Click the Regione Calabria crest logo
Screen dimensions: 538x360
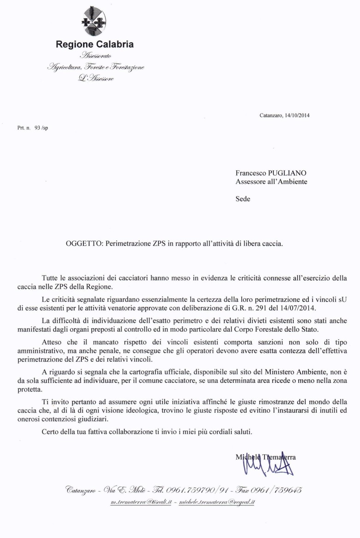94,21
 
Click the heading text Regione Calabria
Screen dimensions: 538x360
94,45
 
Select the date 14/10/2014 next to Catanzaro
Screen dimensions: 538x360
297,116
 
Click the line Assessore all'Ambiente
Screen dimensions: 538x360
271,182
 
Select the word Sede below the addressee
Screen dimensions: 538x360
243,199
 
